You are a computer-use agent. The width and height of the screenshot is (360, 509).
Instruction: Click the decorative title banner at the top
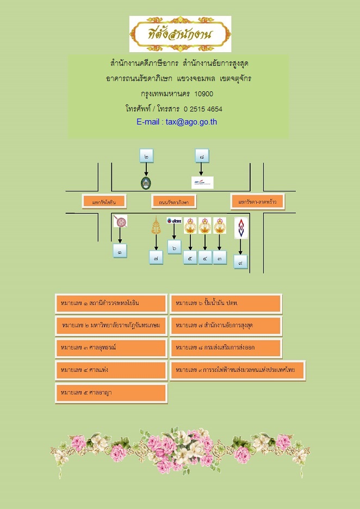180,34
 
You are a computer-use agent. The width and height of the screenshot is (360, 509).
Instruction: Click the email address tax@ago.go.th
177,122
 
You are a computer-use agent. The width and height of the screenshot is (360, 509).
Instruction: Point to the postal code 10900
203,94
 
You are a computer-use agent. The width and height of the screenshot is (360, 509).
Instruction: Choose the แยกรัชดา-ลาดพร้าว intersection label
258,201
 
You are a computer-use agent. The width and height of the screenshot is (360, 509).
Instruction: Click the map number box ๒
146,156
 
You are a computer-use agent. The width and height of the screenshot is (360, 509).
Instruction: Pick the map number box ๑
120,251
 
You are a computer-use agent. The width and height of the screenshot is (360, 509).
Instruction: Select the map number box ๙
240,262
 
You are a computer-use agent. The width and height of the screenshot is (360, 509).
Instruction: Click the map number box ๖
175,247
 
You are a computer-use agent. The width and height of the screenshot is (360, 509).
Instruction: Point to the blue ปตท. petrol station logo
174,221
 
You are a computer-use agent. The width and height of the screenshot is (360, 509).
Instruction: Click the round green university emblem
146,183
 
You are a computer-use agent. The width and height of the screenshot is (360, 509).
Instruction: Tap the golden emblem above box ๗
156,226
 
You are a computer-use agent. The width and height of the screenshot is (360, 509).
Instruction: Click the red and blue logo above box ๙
240,228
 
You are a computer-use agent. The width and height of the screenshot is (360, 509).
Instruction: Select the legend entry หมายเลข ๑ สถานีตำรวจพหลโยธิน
111,303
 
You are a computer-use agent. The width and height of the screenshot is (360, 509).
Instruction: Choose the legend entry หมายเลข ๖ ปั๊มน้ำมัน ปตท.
226,303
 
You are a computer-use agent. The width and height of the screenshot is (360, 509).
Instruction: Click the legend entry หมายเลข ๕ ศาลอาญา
111,393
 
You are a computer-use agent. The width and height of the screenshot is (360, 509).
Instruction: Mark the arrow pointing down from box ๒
146,169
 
